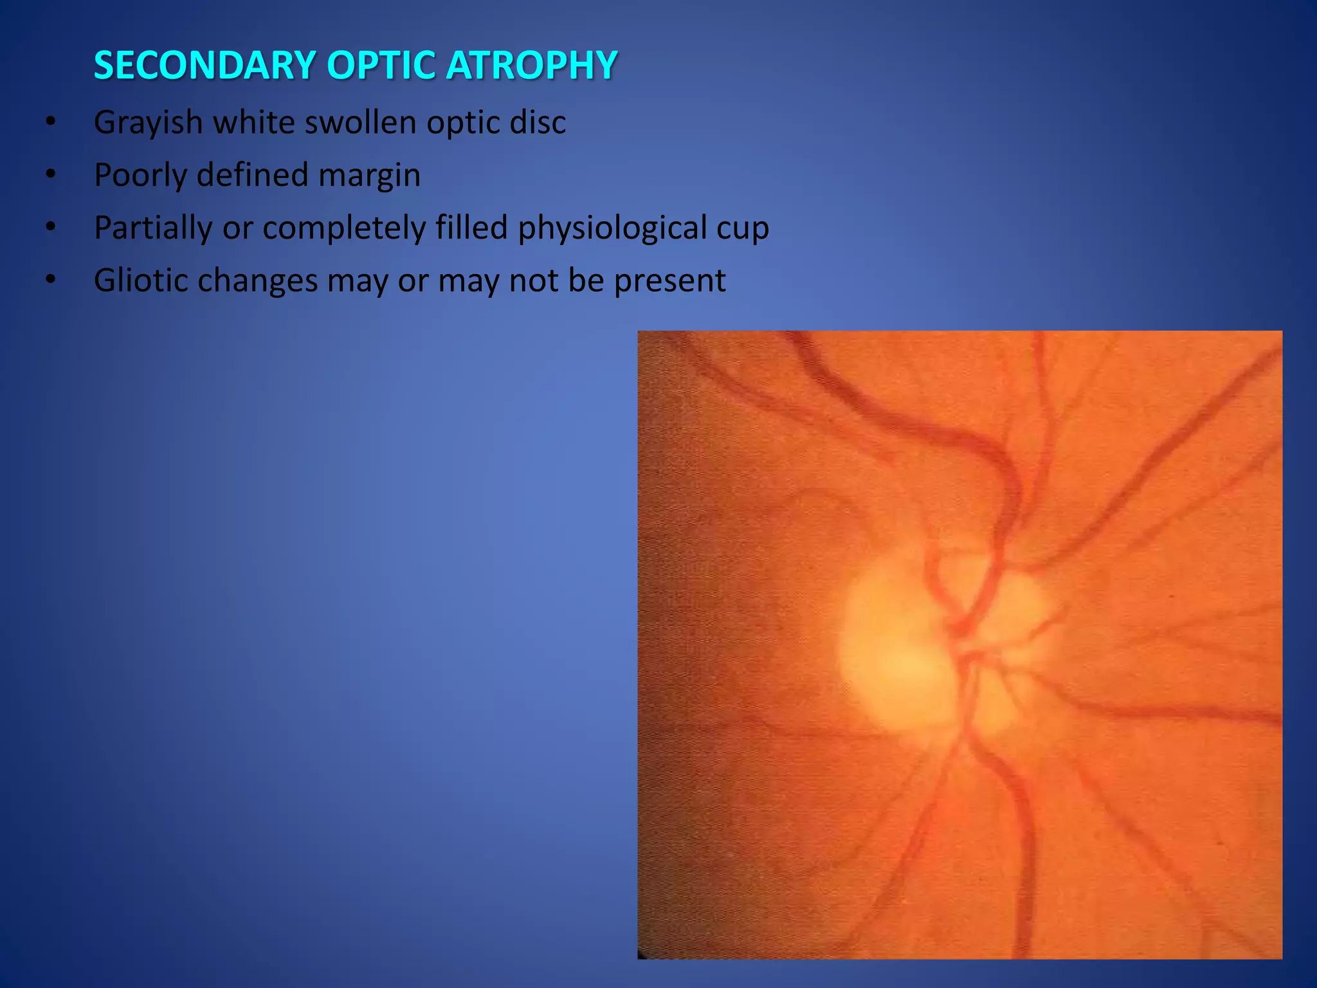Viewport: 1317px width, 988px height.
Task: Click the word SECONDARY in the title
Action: [204, 66]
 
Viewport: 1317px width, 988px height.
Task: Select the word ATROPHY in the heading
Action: [532, 66]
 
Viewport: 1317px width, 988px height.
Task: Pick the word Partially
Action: [152, 228]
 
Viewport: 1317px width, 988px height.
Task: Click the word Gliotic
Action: [140, 280]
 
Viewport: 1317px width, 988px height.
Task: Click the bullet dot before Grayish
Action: [51, 122]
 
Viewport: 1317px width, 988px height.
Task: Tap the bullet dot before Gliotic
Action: [51, 280]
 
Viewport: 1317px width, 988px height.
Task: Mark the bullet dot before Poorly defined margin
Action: [51, 175]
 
